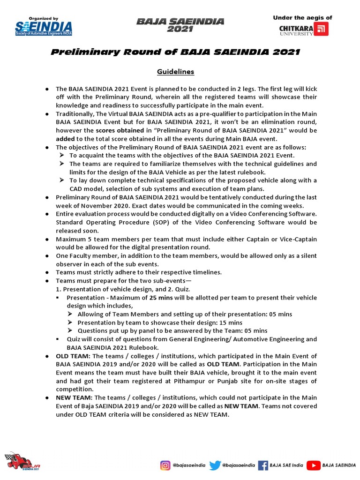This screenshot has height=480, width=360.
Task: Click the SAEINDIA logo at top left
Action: click(43, 28)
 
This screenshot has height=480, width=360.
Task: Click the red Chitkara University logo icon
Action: click(321, 29)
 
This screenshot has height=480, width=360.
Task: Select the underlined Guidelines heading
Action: click(175, 72)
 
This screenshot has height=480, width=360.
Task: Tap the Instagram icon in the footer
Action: click(165, 465)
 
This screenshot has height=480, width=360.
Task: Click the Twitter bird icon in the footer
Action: click(215, 465)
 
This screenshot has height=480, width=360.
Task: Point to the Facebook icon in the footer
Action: click(263, 465)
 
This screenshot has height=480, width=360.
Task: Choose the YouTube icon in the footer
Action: click(313, 465)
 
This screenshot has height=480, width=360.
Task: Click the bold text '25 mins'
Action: click(160, 298)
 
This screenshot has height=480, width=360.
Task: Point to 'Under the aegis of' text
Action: click(302, 18)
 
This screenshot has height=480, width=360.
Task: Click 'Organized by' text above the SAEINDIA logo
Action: click(43, 18)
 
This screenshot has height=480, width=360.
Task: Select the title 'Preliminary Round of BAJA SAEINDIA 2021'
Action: click(175, 52)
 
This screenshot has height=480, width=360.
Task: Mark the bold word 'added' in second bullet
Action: click(65, 138)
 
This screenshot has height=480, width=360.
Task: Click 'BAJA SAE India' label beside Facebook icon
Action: click(287, 465)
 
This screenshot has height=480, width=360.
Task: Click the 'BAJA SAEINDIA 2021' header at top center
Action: click(180, 25)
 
